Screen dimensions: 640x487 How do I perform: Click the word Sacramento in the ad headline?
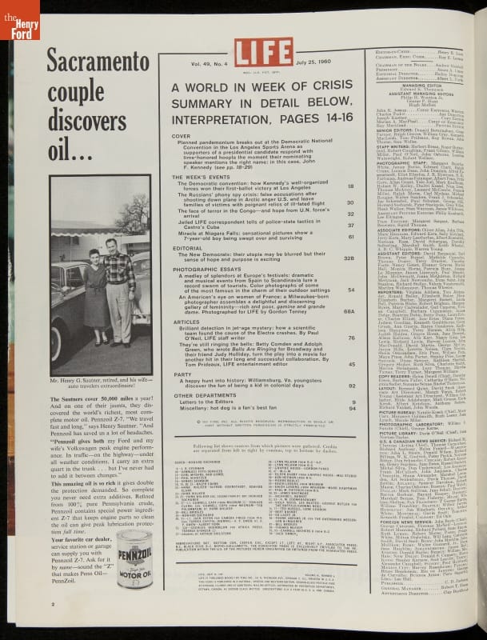(94, 58)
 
